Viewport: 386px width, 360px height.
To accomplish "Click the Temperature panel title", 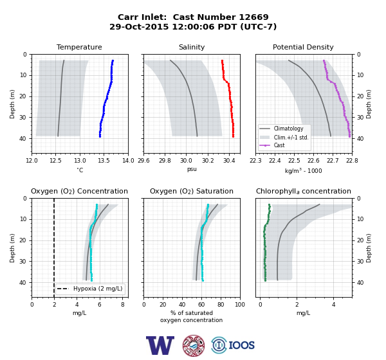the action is point(79,47).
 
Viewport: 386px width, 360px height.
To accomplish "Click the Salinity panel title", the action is point(192,47).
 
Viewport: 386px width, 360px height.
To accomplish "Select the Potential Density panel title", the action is point(303,47).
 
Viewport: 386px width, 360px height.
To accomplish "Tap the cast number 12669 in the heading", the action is point(254,17).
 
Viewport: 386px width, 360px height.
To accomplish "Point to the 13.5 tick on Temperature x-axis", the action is point(104,161).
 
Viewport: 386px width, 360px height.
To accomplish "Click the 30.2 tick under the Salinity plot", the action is point(208,161).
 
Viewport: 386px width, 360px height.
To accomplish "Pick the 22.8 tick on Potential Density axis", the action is point(351,161).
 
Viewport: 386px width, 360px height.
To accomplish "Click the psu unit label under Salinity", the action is point(192,169).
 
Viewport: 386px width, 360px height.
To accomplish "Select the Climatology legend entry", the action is point(288,129).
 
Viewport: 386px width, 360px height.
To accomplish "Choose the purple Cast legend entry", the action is point(279,145).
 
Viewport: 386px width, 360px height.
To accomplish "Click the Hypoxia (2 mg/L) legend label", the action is point(98,289).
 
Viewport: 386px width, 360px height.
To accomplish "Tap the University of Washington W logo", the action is point(160,345).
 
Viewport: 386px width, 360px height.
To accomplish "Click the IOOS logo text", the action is point(241,345).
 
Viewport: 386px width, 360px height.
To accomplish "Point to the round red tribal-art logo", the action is point(194,345).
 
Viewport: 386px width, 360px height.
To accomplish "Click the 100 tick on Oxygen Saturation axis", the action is point(240,305).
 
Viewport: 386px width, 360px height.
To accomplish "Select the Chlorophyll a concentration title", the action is point(304,191).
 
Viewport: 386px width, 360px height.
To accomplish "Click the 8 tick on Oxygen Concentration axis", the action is point(123,305).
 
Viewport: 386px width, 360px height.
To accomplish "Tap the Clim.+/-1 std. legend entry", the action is point(291,138).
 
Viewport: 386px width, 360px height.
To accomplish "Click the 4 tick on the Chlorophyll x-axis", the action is point(333,305).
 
